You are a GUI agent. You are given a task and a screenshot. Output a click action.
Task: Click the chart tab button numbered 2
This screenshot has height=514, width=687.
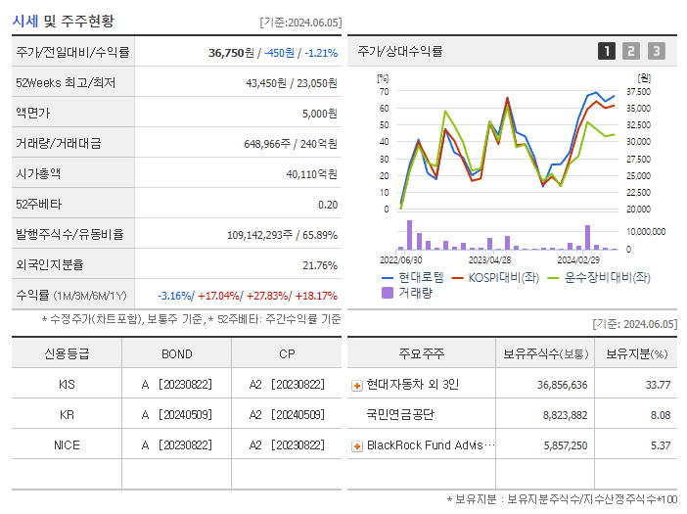[631, 51]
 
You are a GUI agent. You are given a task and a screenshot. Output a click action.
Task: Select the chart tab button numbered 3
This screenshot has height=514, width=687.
[656, 51]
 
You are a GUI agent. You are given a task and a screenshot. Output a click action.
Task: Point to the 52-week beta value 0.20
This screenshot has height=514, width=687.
[328, 205]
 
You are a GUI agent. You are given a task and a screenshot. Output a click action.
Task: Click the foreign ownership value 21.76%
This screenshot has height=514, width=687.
[320, 265]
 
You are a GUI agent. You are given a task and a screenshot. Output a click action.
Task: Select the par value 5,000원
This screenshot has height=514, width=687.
[319, 114]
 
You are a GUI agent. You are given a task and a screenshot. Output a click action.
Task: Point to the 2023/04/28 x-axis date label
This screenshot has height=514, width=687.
[490, 260]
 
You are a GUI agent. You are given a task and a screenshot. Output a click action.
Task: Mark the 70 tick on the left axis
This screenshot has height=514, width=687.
[384, 92]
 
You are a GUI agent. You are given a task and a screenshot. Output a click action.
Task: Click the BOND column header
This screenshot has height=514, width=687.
[176, 353]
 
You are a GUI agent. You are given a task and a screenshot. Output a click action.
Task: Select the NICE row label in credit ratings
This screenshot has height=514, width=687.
[67, 444]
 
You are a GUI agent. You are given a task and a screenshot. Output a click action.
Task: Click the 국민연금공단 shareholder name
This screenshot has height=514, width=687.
[400, 415]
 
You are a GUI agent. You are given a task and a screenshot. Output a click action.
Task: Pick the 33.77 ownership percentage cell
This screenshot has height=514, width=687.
[657, 385]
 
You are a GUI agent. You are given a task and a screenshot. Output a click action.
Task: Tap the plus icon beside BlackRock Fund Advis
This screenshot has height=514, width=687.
[357, 445]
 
